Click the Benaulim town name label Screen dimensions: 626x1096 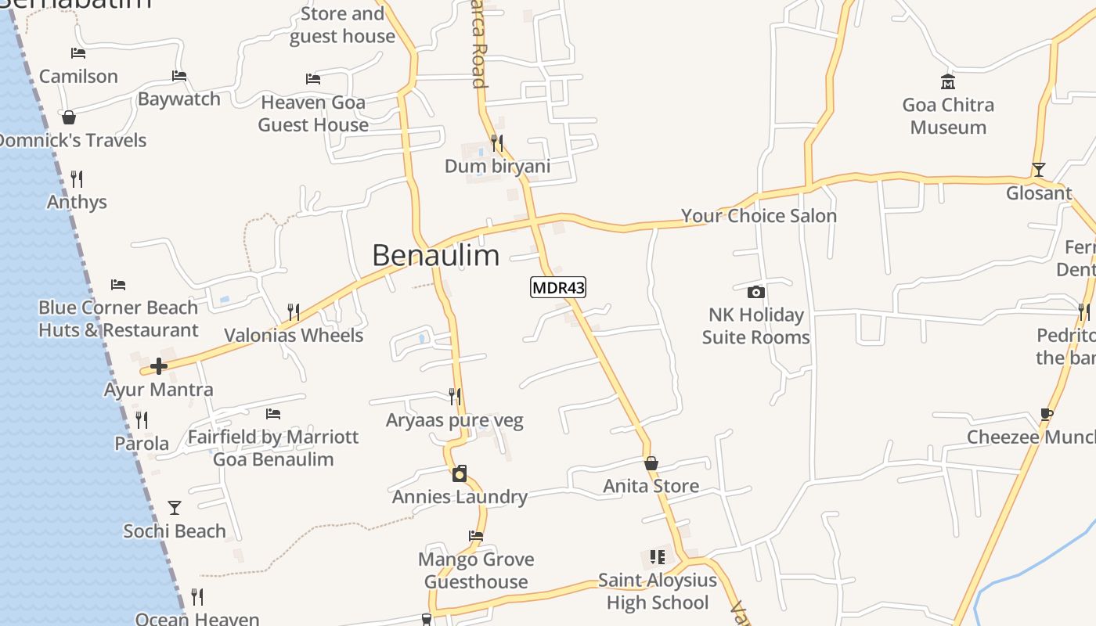point(435,255)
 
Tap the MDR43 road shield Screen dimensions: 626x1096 point(558,287)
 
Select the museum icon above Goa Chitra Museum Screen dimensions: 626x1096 point(948,81)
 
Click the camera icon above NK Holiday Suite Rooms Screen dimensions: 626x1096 point(755,292)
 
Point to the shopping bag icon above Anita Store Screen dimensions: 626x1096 point(651,463)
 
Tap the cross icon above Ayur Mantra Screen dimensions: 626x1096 point(159,366)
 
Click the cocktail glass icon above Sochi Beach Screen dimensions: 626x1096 point(175,508)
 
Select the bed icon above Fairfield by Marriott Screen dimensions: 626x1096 point(272,413)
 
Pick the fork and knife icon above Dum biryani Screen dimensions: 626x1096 point(497,142)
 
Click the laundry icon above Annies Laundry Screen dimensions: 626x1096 point(460,473)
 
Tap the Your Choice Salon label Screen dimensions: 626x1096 point(759,215)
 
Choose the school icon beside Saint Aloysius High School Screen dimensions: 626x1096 point(658,557)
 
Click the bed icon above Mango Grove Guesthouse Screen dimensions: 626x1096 point(476,536)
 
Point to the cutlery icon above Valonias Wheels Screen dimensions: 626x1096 point(294,312)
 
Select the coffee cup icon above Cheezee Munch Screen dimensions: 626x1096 point(1047,414)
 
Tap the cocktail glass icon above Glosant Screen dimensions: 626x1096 point(1038,169)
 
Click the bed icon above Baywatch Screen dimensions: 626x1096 point(179,76)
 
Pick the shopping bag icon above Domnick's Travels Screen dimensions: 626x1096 point(69,117)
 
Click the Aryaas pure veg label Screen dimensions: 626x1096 point(454,420)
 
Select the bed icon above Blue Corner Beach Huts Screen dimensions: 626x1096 point(118,284)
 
